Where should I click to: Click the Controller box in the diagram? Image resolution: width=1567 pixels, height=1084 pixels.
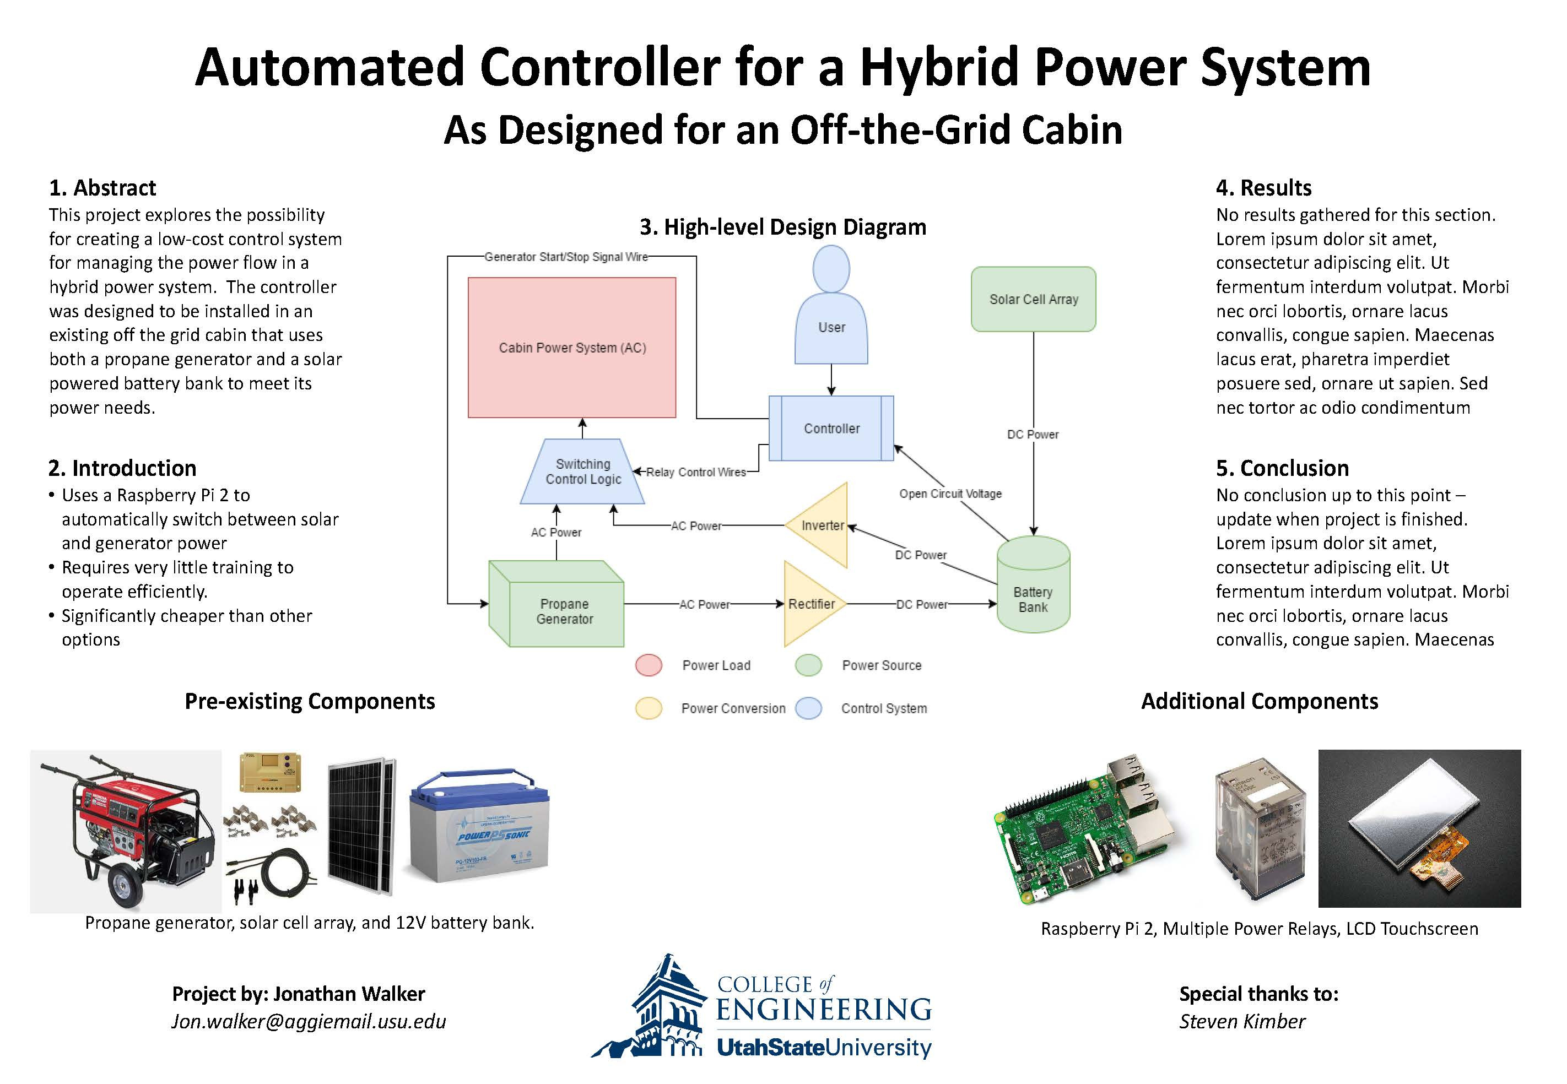point(831,429)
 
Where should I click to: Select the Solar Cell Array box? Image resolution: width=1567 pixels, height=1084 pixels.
point(1033,299)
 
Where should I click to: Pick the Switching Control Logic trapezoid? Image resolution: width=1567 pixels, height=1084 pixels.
point(583,471)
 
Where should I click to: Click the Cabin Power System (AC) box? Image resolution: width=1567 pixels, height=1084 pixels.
point(572,347)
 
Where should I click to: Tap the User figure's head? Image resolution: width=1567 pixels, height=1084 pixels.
point(831,269)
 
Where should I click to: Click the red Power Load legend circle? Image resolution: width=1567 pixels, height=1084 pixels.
point(649,665)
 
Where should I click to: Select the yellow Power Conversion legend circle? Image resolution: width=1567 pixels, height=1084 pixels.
point(649,708)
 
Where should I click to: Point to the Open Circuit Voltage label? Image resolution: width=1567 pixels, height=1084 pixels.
point(950,494)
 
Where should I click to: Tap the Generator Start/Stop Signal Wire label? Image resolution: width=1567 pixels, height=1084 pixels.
point(566,257)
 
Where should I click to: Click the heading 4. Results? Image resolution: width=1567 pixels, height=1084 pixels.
point(1263,187)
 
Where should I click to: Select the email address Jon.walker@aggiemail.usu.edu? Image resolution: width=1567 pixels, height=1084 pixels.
point(309,1022)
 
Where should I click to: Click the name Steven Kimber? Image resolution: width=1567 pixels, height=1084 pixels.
point(1242,1022)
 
